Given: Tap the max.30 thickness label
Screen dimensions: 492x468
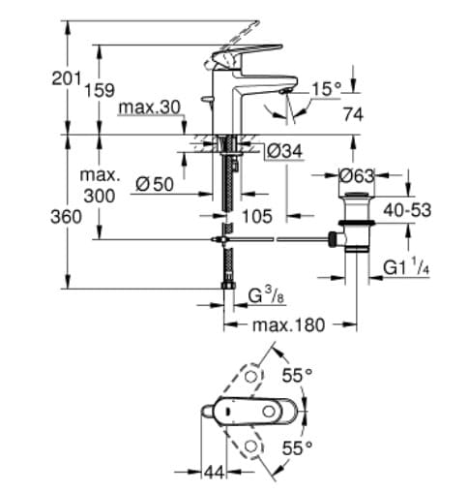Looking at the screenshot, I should coord(149,107).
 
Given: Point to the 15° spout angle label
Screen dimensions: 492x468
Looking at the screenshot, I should coord(326,89).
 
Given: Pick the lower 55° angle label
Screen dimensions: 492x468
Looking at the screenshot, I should coord(297,446).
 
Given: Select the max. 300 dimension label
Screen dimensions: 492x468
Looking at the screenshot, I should coord(100,186).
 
